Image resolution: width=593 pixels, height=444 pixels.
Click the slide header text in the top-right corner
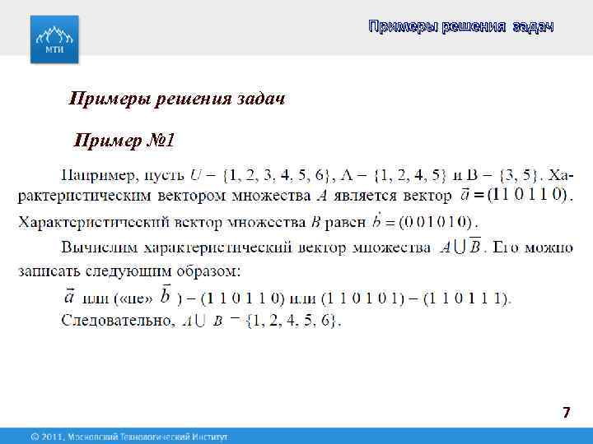(460, 28)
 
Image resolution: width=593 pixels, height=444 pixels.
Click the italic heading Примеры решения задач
(177, 99)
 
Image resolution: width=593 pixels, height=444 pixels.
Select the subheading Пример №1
(124, 141)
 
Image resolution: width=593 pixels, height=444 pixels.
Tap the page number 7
(566, 413)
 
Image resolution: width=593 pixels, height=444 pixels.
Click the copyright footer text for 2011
(128, 436)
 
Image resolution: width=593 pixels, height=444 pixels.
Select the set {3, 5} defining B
(517, 175)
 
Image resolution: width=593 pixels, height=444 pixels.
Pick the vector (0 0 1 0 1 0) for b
(435, 221)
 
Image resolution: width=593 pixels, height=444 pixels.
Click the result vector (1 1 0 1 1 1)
(466, 298)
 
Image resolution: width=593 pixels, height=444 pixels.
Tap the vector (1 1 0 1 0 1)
(366, 298)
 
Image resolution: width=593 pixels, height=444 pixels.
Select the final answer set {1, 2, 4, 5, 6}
(293, 320)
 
